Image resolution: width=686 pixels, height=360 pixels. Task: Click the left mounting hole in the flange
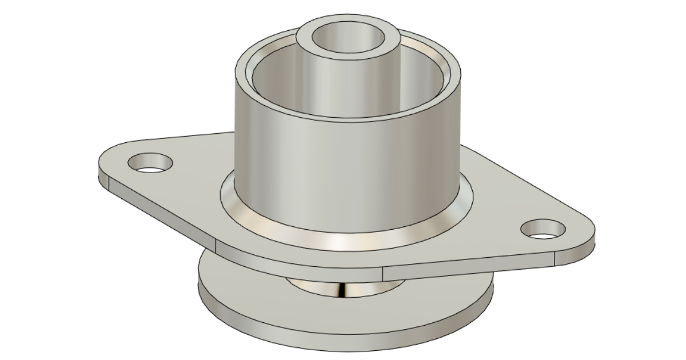(150, 163)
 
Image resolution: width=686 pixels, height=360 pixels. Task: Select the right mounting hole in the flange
(543, 229)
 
